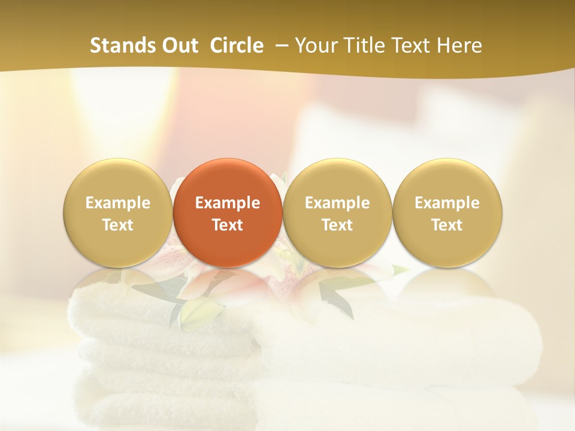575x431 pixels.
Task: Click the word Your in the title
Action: tap(314, 45)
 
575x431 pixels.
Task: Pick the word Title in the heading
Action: tap(362, 45)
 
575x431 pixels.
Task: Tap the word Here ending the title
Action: tap(460, 45)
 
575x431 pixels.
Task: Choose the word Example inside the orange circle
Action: tap(228, 203)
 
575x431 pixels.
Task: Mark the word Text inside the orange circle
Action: tap(228, 225)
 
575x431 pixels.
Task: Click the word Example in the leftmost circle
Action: tap(118, 203)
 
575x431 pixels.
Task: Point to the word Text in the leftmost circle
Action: tap(118, 225)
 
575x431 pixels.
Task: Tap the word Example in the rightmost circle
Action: tap(447, 203)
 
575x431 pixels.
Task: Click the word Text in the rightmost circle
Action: tap(447, 225)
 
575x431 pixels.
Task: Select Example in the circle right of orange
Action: tap(337, 203)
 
